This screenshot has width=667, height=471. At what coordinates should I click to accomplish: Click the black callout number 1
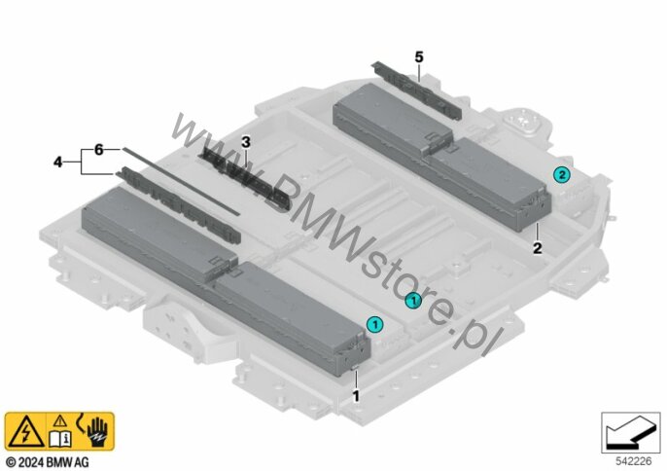(356, 396)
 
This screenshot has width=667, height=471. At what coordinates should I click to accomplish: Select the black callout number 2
(537, 248)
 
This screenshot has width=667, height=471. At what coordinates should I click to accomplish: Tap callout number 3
(246, 142)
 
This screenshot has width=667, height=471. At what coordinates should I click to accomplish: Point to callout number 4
(58, 162)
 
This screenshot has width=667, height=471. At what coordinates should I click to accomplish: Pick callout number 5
(419, 57)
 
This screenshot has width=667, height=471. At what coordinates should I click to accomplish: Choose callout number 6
(97, 150)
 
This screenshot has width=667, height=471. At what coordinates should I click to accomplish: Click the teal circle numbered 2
(560, 174)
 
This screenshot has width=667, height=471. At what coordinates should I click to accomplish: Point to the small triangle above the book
(59, 421)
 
